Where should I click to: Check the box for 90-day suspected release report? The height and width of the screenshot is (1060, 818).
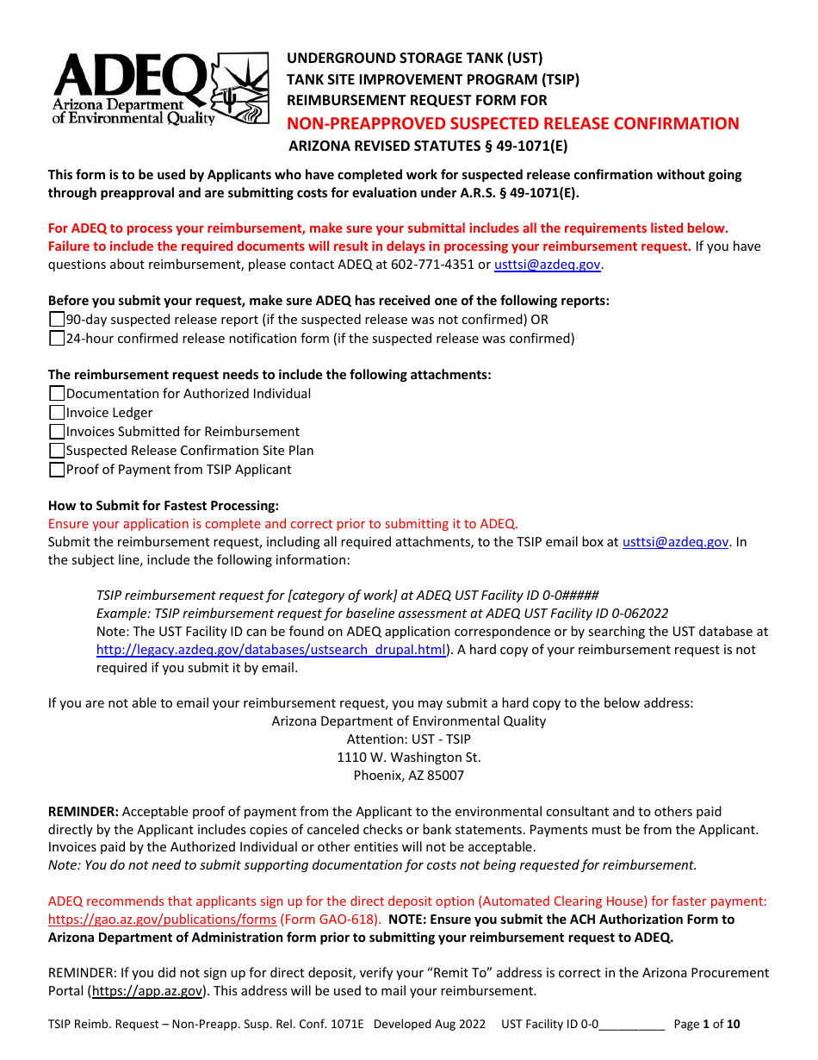pyautogui.click(x=57, y=320)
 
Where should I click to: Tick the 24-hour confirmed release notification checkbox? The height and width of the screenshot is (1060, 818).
pyautogui.click(x=57, y=339)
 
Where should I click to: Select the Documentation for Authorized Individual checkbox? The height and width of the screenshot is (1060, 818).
pyautogui.click(x=57, y=394)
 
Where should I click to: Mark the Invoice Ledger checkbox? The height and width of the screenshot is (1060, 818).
pyautogui.click(x=57, y=413)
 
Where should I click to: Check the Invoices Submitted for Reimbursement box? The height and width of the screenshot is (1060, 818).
pyautogui.click(x=57, y=432)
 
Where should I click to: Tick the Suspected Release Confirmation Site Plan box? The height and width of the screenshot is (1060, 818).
pyautogui.click(x=57, y=451)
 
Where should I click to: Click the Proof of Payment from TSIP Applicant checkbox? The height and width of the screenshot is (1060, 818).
pyautogui.click(x=57, y=470)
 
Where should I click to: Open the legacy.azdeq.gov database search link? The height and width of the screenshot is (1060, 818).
pyautogui.click(x=270, y=650)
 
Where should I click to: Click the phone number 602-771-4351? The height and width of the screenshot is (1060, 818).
pyautogui.click(x=437, y=265)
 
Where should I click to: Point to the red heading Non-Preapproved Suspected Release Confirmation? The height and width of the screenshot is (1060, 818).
pyautogui.click(x=512, y=124)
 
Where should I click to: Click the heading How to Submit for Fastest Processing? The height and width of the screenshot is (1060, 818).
pyautogui.click(x=164, y=506)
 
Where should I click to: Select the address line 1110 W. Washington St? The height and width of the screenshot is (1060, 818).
pyautogui.click(x=408, y=758)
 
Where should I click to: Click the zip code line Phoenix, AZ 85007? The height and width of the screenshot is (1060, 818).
pyautogui.click(x=408, y=776)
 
